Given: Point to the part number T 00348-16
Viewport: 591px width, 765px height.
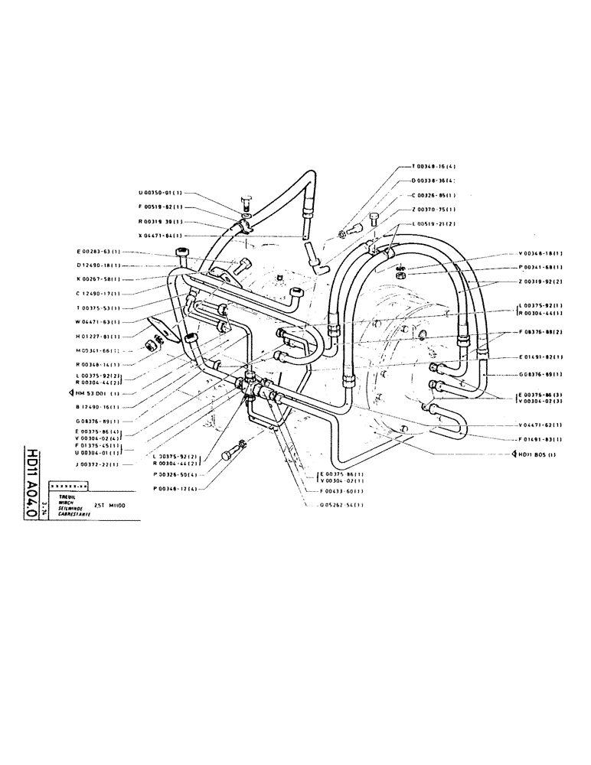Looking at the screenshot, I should tap(434, 167).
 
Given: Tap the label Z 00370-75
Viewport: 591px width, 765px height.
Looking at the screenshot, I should tap(434, 209).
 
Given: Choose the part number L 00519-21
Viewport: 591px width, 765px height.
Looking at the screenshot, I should tap(434, 223).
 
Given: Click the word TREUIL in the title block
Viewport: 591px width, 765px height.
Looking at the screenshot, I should tap(56, 496).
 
